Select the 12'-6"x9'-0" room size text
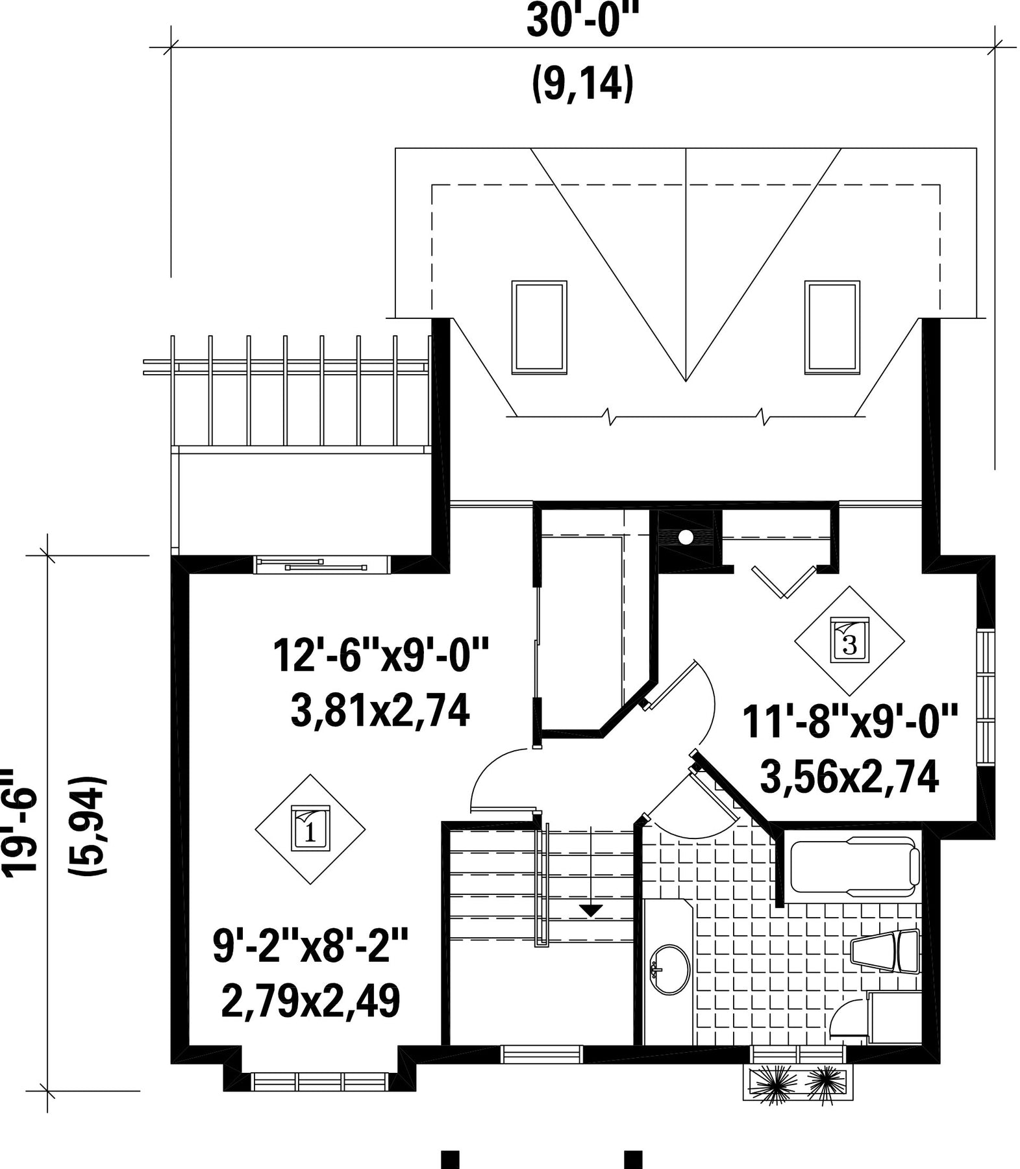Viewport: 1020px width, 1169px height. [380, 656]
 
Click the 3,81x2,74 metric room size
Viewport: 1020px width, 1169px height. [380, 712]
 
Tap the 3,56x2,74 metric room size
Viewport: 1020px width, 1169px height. [850, 777]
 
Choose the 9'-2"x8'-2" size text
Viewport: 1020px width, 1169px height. [310, 946]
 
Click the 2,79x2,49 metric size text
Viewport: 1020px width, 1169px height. [310, 1001]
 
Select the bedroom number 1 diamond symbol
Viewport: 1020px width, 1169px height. [310, 829]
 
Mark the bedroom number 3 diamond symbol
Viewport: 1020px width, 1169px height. [850, 641]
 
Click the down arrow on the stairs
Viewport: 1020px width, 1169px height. [590, 911]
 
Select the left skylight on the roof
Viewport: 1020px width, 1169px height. [539, 327]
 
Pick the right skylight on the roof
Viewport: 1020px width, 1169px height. [832, 327]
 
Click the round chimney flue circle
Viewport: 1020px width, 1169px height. [686, 536]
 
